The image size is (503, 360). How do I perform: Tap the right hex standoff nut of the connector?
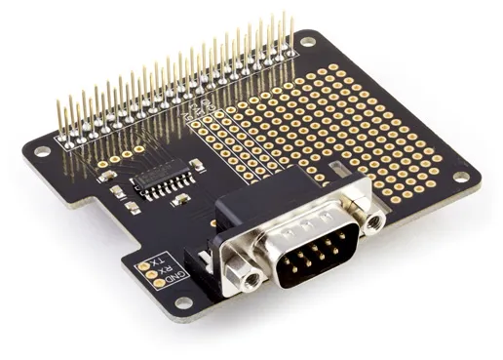[x=374, y=218]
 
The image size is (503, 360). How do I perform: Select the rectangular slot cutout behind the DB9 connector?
[x=338, y=172]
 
